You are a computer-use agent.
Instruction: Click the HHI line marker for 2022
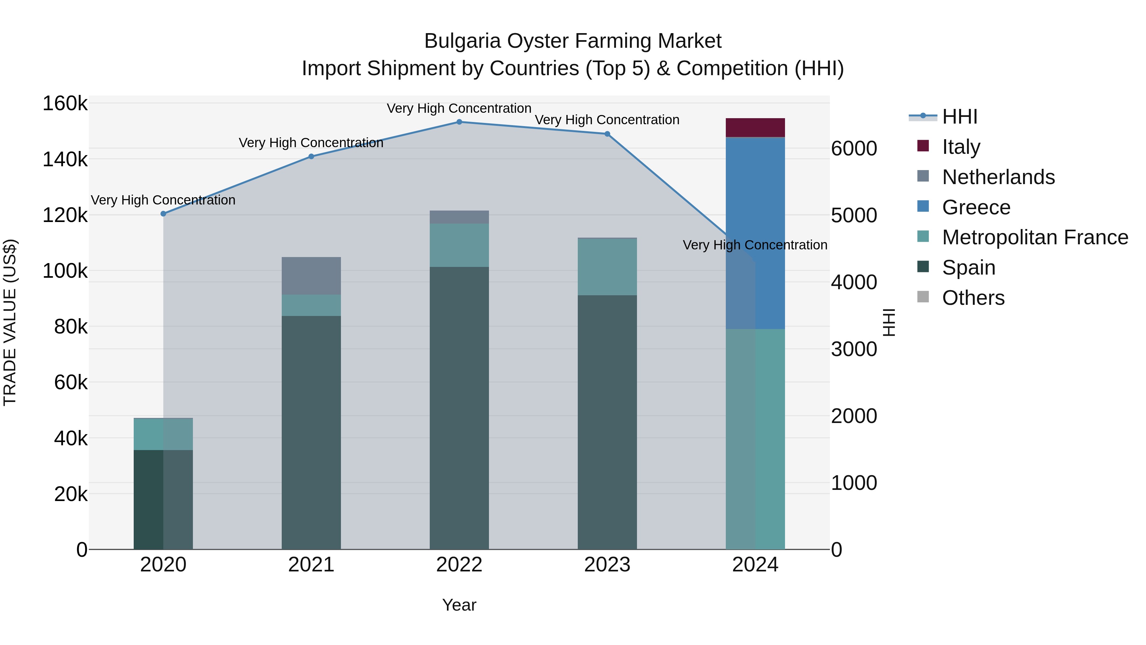[459, 122]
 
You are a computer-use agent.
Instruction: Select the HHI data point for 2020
[163, 214]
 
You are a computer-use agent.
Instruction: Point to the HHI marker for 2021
[311, 156]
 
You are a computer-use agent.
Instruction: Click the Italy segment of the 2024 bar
[755, 128]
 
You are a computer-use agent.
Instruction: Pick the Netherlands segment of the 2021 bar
[311, 276]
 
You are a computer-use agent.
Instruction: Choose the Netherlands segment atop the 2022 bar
[459, 217]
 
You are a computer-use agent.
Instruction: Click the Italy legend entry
[961, 147]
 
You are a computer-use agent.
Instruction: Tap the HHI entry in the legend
[959, 117]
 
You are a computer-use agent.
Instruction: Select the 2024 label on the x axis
[755, 565]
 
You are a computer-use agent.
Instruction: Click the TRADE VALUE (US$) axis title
[10, 322]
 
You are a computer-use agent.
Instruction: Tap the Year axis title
[459, 605]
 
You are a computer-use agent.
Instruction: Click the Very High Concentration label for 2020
[163, 200]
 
